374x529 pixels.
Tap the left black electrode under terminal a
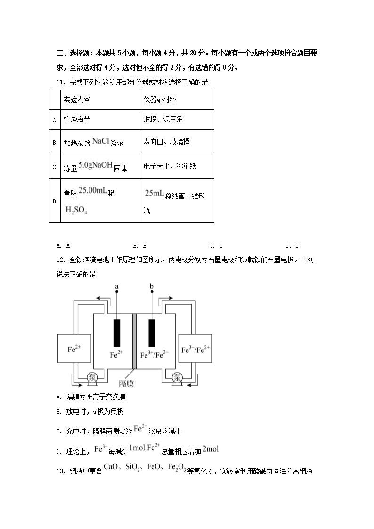pos(117,333)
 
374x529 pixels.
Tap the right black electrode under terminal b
pos(152,333)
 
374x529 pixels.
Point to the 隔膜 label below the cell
pos(126,383)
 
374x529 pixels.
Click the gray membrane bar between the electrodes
pos(134,342)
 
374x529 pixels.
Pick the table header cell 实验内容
pos(77,100)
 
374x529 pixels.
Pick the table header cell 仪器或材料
pos(160,100)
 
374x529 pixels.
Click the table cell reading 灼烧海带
pos(77,120)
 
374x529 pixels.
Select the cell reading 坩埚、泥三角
pos(163,120)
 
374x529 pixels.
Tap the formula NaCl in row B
pos(100,141)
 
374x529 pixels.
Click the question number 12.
pos(60,259)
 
